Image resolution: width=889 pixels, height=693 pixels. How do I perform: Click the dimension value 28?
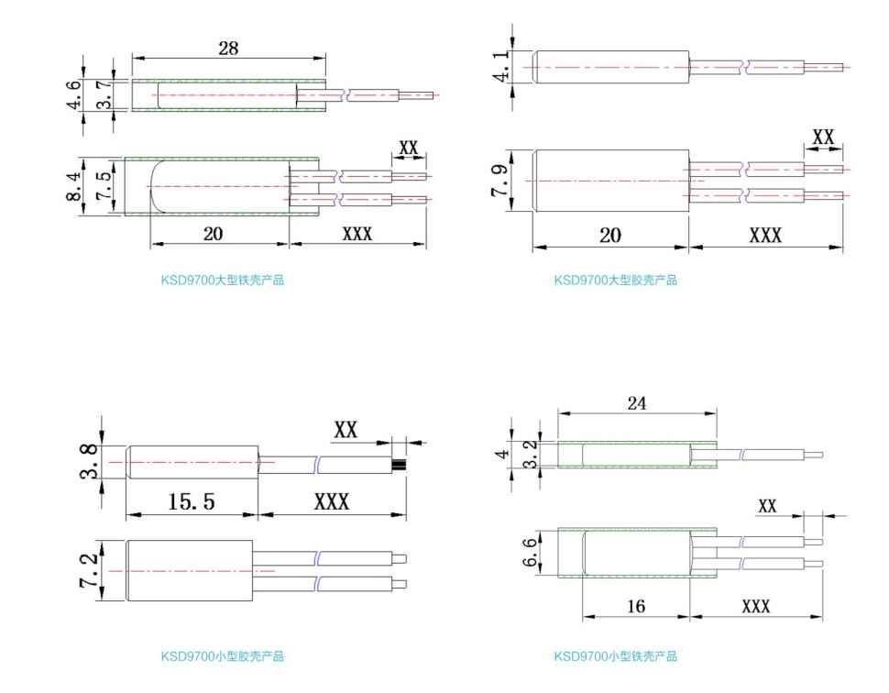pos(228,49)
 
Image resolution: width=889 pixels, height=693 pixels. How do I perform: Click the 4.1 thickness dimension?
pos(500,67)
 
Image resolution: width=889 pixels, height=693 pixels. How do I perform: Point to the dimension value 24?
pos(637,403)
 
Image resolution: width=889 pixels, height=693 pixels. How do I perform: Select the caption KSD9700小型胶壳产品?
pos(223,656)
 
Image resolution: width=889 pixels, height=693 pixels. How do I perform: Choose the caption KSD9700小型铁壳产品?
pos(615,656)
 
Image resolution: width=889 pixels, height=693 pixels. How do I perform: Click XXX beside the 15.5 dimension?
pos(332,502)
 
